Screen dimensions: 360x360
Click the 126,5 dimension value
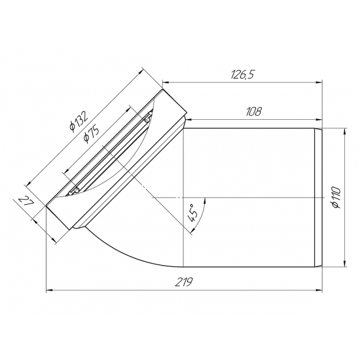(x=243, y=75)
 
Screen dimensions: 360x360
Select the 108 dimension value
(x=253, y=112)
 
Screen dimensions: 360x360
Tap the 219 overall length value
(x=184, y=282)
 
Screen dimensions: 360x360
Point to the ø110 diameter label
(x=336, y=197)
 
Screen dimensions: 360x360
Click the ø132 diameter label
(x=79, y=121)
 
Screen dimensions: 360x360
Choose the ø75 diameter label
(x=91, y=135)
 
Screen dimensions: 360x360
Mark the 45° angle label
(x=193, y=213)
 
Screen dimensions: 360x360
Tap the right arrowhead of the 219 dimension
(x=319, y=290)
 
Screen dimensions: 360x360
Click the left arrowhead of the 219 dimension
(x=49, y=290)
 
